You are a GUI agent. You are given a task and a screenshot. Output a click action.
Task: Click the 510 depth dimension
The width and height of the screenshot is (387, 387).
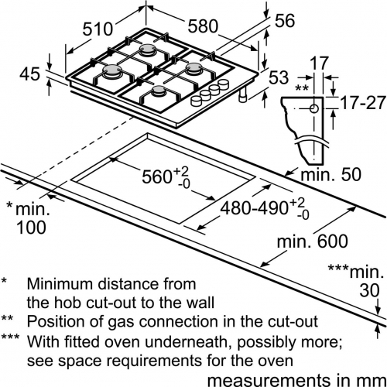coord(98,29)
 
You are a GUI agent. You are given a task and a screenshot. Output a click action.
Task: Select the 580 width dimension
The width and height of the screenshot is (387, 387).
coord(203,26)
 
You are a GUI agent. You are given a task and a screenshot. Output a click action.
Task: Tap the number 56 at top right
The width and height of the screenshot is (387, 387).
coord(285,21)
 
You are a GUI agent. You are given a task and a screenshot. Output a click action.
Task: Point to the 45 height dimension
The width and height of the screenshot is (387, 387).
coord(30,74)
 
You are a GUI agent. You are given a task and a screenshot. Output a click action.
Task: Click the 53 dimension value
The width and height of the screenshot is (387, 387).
coord(279,77)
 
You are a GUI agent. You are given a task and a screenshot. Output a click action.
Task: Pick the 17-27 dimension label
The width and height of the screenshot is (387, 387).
coord(363,103)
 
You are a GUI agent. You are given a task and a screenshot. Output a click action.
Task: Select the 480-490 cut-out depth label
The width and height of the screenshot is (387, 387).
coord(254,208)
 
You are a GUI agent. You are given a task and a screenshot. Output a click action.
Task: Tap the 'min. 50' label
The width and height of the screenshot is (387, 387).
coord(331,174)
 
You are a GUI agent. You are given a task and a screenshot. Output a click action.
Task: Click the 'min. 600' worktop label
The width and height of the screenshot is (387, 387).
coord(313,241)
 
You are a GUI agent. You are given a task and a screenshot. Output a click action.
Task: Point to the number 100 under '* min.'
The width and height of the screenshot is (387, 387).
coord(31,228)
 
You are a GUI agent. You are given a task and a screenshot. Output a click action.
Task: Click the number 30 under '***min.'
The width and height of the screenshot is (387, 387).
coord(369,290)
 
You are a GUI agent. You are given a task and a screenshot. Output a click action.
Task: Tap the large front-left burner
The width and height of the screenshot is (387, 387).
coord(111,70)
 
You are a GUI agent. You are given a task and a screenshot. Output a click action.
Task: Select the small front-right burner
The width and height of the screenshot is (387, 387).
coord(158,91)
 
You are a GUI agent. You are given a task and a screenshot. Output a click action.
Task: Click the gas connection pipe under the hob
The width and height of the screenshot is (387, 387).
coord(243,94)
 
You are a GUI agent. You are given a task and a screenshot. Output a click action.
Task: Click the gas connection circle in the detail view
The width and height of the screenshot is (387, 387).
coord(313,109)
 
